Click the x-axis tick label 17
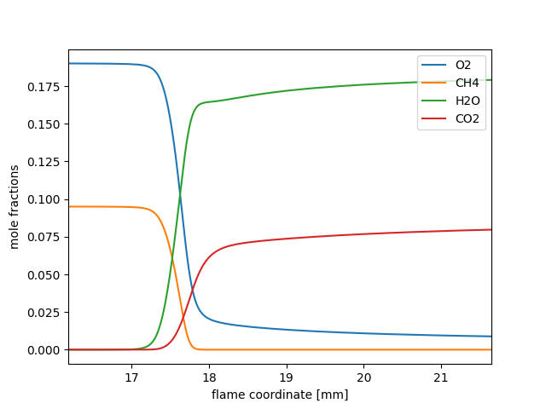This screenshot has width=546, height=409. pyautogui.click(x=131, y=377)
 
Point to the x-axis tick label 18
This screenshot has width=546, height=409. pyautogui.click(x=209, y=377)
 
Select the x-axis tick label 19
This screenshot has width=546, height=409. pyautogui.click(x=286, y=377)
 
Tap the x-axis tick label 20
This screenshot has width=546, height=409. pyautogui.click(x=363, y=377)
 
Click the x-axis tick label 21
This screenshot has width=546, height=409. pyautogui.click(x=441, y=377)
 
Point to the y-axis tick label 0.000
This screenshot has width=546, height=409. pyautogui.click(x=44, y=350)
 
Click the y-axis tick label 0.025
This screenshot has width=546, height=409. pyautogui.click(x=44, y=313)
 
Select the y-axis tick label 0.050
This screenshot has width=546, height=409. pyautogui.click(x=44, y=275)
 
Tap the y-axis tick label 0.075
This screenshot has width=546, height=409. pyautogui.click(x=44, y=238)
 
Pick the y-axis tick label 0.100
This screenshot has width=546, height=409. pyautogui.click(x=44, y=199)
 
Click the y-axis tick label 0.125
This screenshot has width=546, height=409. pyautogui.click(x=44, y=162)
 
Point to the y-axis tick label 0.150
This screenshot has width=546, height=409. pyautogui.click(x=44, y=124)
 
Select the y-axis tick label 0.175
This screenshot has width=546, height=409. pyautogui.click(x=44, y=87)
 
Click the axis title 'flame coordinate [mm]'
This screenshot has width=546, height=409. pyautogui.click(x=280, y=395)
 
